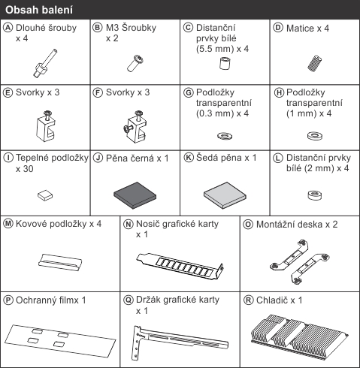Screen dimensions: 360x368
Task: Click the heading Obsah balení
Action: click(x=39, y=10)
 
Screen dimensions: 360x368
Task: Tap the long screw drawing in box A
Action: click(x=46, y=63)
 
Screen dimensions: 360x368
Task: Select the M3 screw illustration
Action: click(x=135, y=64)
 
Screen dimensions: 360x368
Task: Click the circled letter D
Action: click(x=278, y=28)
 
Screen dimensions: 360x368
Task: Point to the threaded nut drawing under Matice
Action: click(x=315, y=64)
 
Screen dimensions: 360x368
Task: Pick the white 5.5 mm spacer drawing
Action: click(x=225, y=63)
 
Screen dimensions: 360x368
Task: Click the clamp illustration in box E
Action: click(x=46, y=126)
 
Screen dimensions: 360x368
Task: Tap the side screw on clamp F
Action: click(x=128, y=128)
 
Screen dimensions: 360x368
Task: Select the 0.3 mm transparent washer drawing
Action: click(x=225, y=136)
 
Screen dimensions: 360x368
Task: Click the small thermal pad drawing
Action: click(x=45, y=195)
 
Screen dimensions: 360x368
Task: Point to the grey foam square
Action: click(x=225, y=195)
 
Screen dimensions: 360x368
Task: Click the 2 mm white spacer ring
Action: click(x=315, y=195)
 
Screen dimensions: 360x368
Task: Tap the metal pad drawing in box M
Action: click(x=60, y=262)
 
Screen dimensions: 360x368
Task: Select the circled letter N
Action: click(x=128, y=224)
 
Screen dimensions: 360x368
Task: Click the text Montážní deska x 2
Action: click(x=297, y=225)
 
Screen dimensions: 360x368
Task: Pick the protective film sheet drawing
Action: click(x=60, y=340)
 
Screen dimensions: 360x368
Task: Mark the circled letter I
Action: click(x=8, y=158)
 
